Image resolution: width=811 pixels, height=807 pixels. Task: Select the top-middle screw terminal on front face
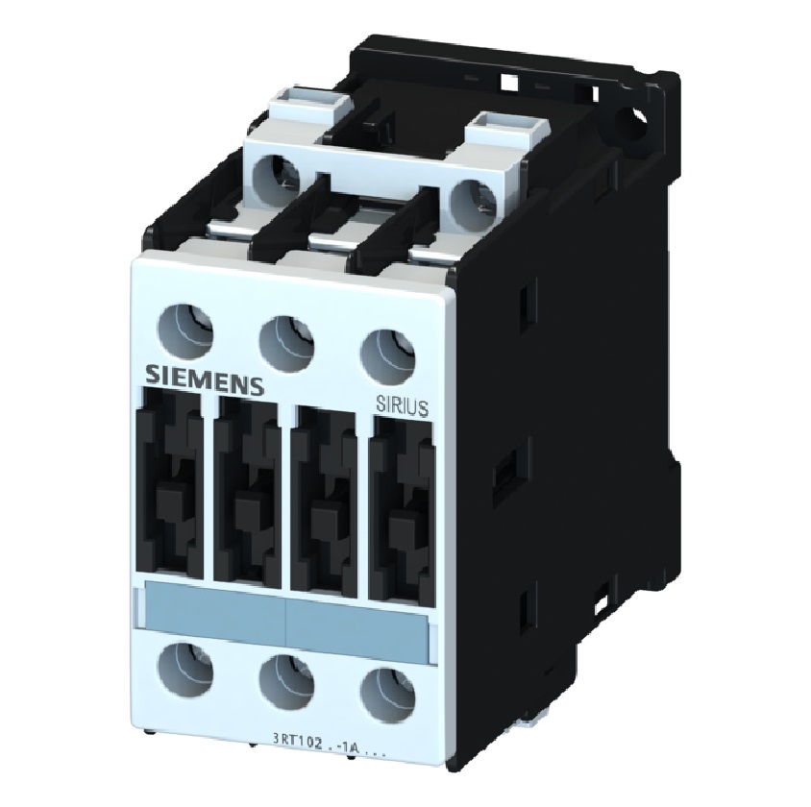click(x=283, y=336)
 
